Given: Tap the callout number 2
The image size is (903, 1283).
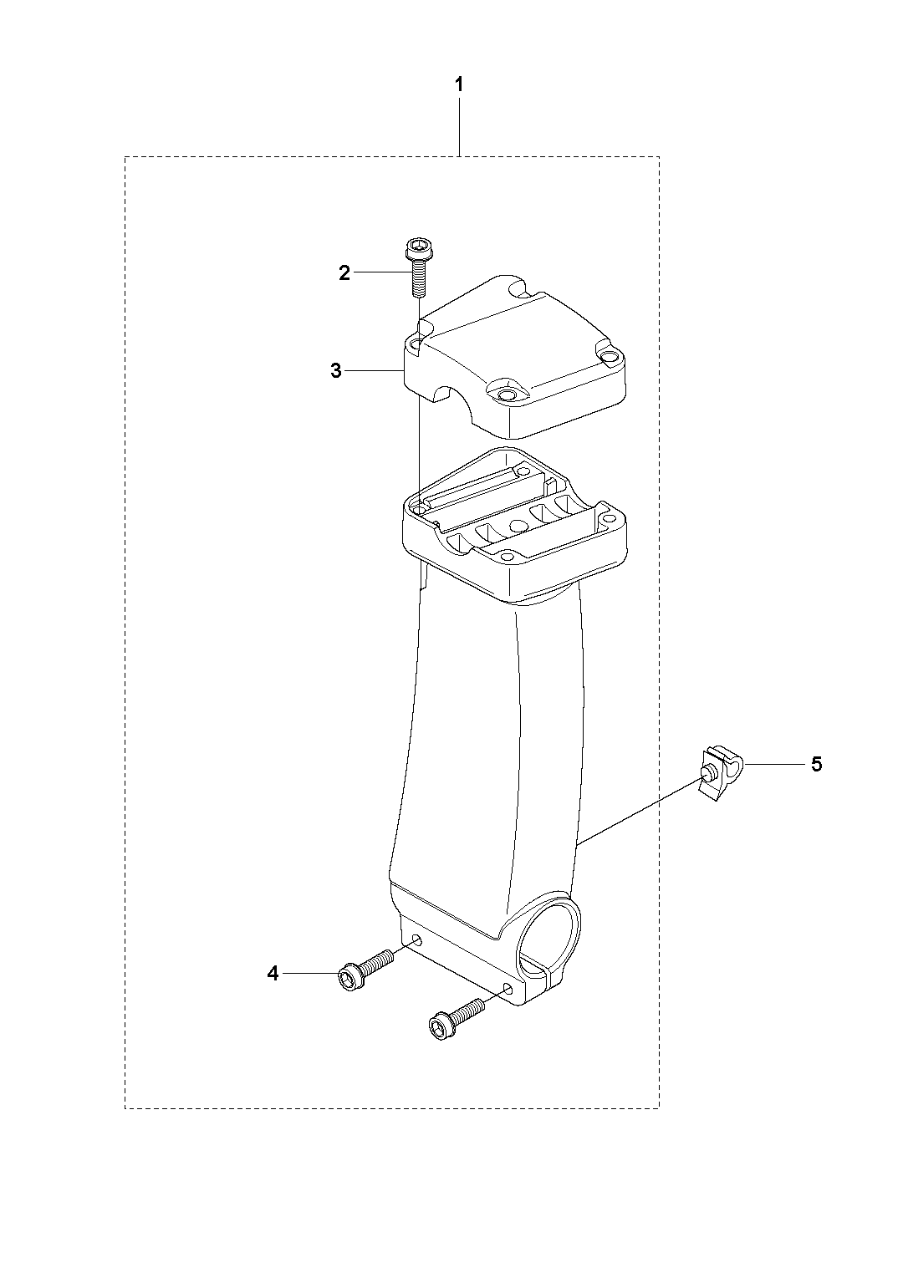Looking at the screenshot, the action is tap(344, 273).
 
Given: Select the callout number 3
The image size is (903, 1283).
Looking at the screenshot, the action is tap(336, 371).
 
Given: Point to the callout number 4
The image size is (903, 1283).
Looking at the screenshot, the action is tap(273, 973).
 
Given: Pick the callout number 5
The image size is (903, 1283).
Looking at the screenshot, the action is tap(817, 763).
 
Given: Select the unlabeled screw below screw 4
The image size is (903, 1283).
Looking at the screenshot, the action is tap(456, 1019).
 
